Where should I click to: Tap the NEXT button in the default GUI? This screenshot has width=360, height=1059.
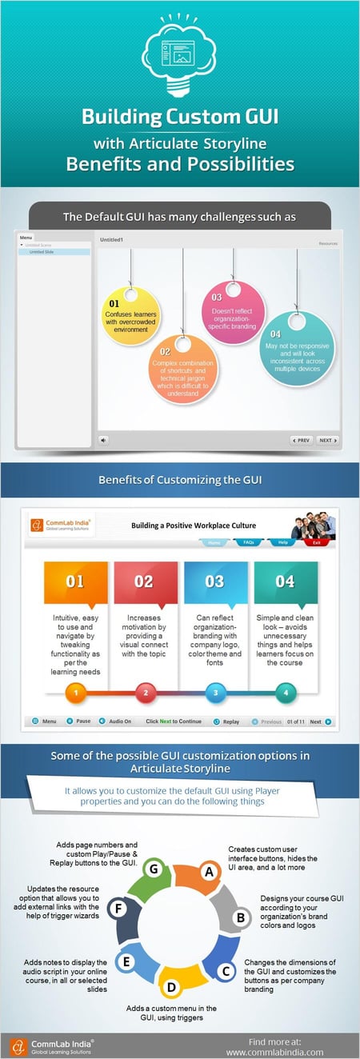pos(327,440)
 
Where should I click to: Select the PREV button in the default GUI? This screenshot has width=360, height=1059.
pos(302,440)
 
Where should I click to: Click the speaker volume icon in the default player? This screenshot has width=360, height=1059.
pos(104,440)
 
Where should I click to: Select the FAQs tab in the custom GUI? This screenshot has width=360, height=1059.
pos(248,542)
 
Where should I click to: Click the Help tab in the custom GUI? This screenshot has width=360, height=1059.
pos(282,542)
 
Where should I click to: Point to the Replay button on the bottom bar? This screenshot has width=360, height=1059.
pos(226,721)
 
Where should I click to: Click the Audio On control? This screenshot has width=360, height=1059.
pos(115,721)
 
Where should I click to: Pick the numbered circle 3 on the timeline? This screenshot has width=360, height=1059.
pos(214,693)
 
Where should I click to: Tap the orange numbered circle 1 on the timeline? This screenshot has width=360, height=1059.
pos(74,693)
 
